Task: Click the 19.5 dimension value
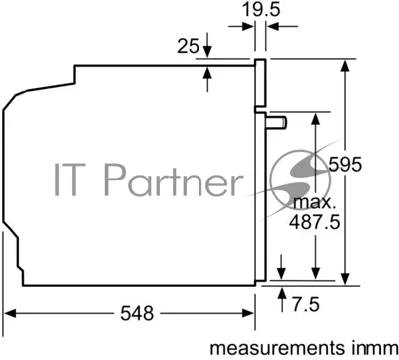tap(261, 10)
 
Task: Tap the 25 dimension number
tap(188, 46)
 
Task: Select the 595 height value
tap(345, 165)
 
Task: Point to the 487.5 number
tap(315, 222)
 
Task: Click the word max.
tap(311, 202)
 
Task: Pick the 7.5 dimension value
tap(306, 304)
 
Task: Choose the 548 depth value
tap(137, 313)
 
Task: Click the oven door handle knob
tap(276, 122)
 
